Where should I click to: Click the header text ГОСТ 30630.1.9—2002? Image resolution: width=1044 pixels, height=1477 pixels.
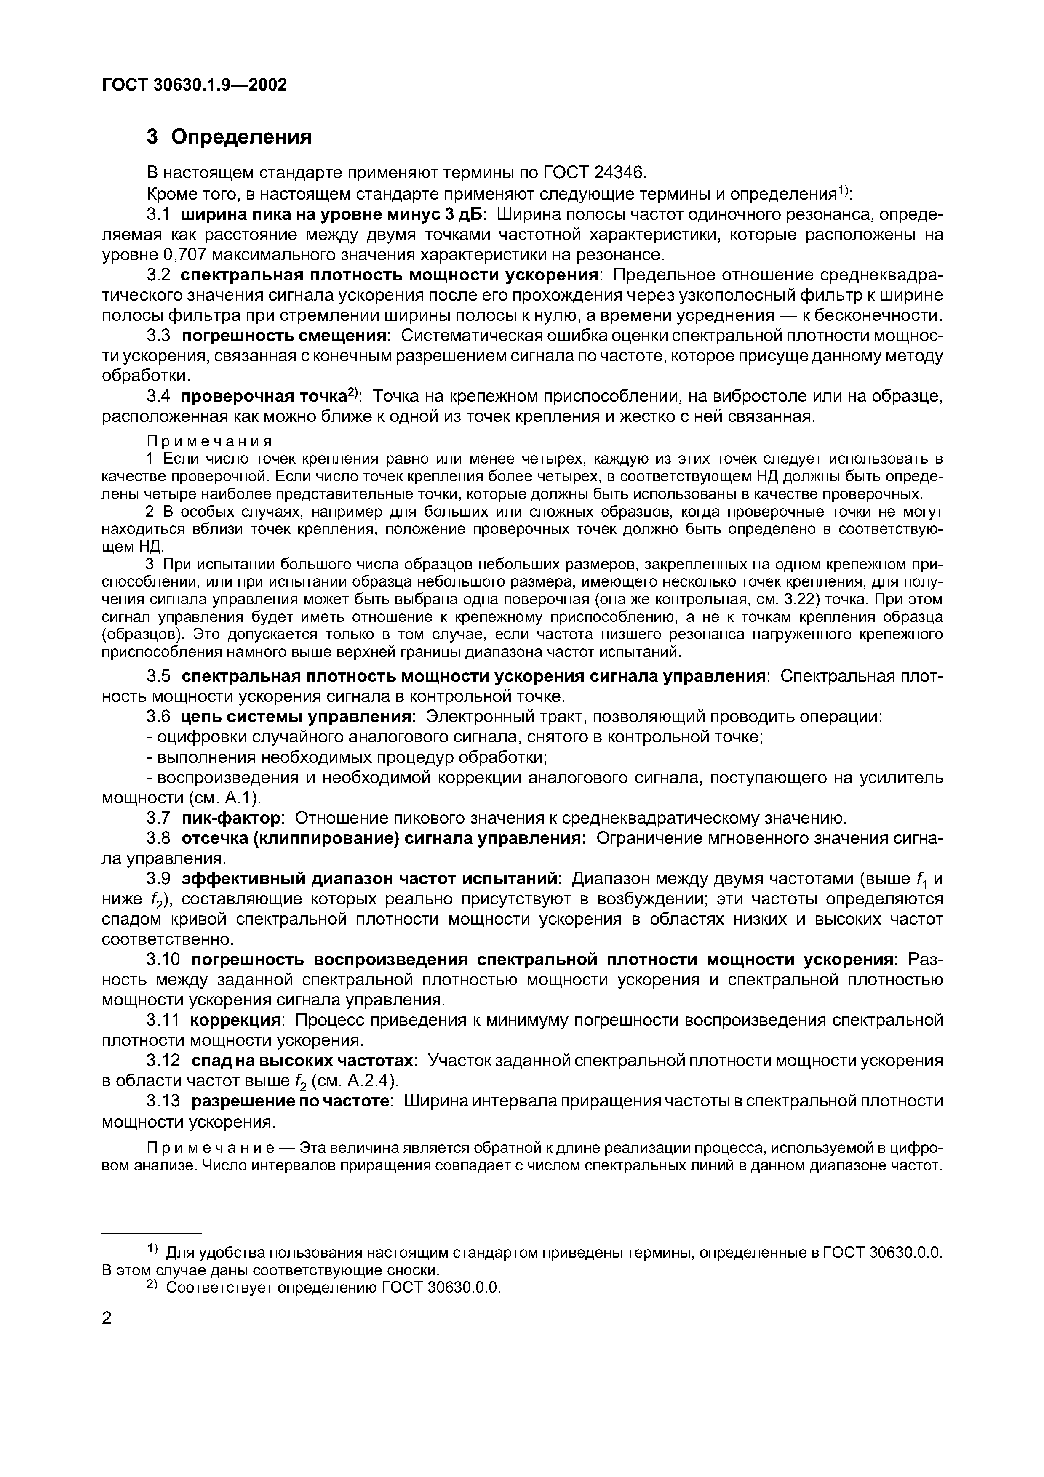click(x=194, y=84)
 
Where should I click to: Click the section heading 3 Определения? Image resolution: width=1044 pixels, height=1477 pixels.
click(x=229, y=136)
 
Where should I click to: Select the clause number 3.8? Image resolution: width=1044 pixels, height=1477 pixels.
click(x=158, y=838)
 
